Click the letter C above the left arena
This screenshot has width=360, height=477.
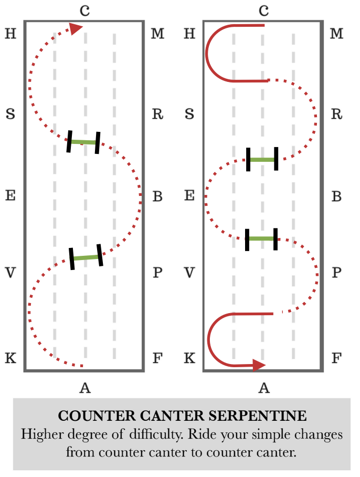(84, 10)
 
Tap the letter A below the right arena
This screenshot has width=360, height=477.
(264, 388)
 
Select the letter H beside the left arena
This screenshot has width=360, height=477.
(10, 34)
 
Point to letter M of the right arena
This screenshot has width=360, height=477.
(337, 34)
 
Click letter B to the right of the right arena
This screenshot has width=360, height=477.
(337, 197)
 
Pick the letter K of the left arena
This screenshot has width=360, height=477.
(10, 359)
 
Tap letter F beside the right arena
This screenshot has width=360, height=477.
(336, 359)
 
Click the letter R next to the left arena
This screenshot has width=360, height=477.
(157, 114)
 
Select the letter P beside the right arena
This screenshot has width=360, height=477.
(336, 273)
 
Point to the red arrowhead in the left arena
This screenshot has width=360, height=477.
(77, 28)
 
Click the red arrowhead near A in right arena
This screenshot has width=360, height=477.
(258, 365)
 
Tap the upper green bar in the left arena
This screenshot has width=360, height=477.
(83, 142)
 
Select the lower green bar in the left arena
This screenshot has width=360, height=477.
(86, 257)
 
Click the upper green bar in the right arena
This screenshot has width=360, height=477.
(262, 159)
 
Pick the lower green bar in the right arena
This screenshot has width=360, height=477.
(261, 238)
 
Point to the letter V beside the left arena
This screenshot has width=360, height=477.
(10, 273)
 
